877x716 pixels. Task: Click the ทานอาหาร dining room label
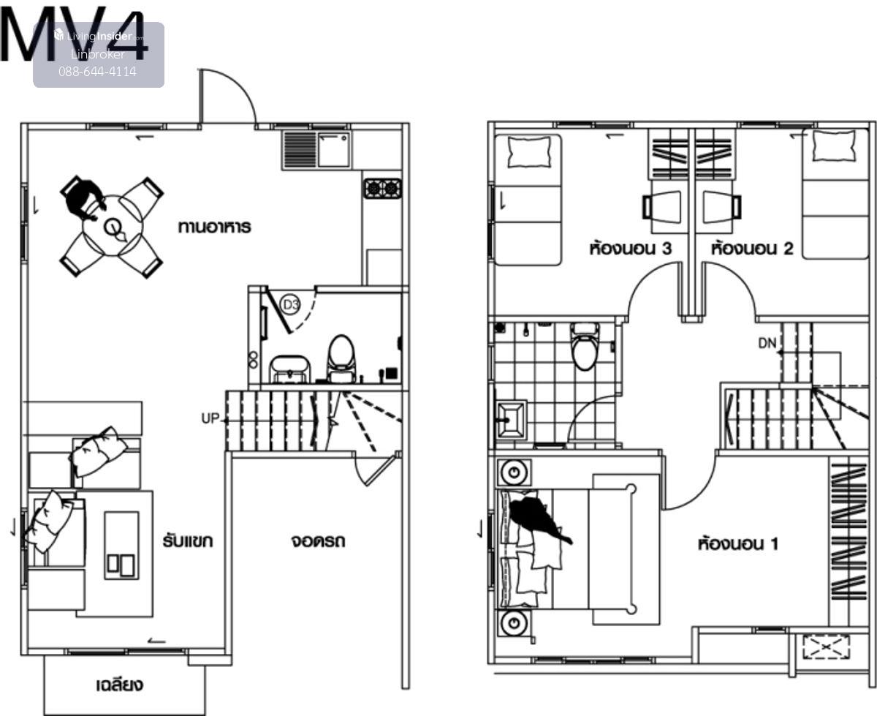pyautogui.click(x=215, y=227)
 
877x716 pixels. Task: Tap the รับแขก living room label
pyautogui.click(x=188, y=541)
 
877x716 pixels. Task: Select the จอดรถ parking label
pyautogui.click(x=319, y=541)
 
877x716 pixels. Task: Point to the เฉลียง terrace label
pyautogui.click(x=120, y=685)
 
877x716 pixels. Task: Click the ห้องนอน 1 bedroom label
pyautogui.click(x=738, y=543)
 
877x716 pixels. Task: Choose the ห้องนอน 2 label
pyautogui.click(x=752, y=249)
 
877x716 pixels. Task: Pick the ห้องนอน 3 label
pyautogui.click(x=631, y=249)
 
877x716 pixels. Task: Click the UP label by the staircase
pyautogui.click(x=210, y=418)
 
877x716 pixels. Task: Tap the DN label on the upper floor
pyautogui.click(x=767, y=343)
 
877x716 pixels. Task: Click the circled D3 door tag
pyautogui.click(x=290, y=305)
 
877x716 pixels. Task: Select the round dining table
pyautogui.click(x=113, y=226)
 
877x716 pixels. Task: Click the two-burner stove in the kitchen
pyautogui.click(x=383, y=189)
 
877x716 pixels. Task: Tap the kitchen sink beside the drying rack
pyautogui.click(x=333, y=150)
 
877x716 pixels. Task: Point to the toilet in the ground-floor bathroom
pyautogui.click(x=341, y=358)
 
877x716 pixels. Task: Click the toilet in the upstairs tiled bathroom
pyautogui.click(x=585, y=347)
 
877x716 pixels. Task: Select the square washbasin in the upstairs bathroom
pyautogui.click(x=510, y=420)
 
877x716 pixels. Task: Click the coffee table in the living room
pyautogui.click(x=121, y=546)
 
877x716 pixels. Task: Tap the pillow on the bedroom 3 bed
pyautogui.click(x=529, y=152)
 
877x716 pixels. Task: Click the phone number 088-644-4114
pyautogui.click(x=97, y=72)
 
